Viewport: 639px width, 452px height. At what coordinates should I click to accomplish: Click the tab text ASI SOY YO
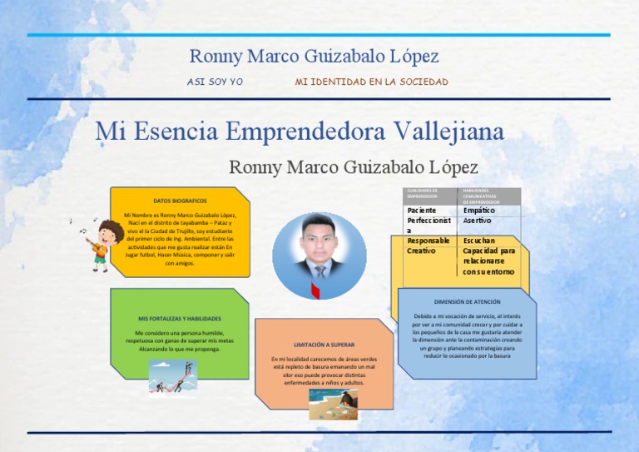point(215,82)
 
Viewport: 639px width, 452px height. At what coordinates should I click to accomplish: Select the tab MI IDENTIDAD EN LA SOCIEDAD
point(371,82)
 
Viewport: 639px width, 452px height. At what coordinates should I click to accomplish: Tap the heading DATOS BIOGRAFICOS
point(181,201)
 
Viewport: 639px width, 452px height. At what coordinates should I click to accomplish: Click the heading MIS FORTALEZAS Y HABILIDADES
point(180,318)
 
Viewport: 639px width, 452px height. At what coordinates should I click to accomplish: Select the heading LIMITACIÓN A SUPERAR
point(324,344)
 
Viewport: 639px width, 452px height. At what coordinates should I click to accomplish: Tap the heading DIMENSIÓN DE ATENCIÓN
point(468,301)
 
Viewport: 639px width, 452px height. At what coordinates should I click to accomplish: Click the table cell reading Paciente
point(422,211)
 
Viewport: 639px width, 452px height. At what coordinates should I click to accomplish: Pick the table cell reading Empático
point(479,211)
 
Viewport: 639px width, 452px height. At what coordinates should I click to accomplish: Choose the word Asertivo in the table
point(478,221)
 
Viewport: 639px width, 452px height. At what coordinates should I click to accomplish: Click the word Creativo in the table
point(421,251)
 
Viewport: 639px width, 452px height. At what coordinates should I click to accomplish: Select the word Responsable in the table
point(428,241)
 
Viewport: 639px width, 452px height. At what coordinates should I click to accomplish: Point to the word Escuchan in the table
point(479,241)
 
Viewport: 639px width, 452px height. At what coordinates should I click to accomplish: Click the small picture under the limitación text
point(333,404)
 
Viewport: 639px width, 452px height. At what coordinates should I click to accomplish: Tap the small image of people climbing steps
point(173,376)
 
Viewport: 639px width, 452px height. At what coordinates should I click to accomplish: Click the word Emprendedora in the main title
point(303,132)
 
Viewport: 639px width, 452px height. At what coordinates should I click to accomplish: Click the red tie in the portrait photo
point(316,289)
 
